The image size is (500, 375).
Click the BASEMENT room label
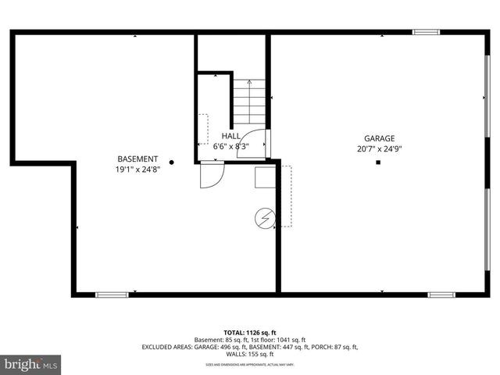(x=137, y=158)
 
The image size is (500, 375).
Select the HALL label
(x=231, y=136)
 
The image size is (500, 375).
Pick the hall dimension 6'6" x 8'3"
(x=231, y=146)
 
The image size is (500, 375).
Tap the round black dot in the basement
(x=172, y=162)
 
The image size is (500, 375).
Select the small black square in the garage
(x=378, y=162)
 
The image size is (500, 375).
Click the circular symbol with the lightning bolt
(x=265, y=218)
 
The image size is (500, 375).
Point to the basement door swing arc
(x=212, y=175)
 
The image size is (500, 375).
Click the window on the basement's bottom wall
(x=112, y=295)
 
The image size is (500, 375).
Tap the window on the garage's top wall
(x=425, y=32)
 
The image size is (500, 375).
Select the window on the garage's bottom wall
(x=441, y=295)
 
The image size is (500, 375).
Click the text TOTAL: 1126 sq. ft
(x=249, y=332)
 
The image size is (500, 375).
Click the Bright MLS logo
(x=31, y=364)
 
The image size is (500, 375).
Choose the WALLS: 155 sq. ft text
(x=249, y=354)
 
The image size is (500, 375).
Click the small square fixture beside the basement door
(x=265, y=178)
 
